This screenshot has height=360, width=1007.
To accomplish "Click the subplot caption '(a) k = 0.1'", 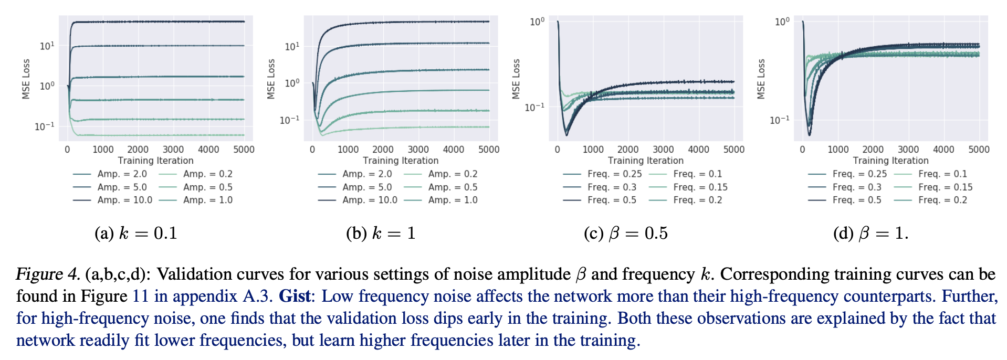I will pos(136,233).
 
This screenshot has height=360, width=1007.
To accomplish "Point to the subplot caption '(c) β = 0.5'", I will pos(626,233).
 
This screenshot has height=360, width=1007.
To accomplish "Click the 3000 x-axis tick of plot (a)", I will pos(173,150).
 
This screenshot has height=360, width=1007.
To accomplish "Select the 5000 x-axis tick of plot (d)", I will pos(979,150).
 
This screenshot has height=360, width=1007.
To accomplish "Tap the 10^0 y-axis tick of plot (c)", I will pos(537,22).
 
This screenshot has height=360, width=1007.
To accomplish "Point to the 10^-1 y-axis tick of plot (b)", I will pos(289,120).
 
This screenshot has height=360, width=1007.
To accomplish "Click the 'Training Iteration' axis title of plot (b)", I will pos(401,161).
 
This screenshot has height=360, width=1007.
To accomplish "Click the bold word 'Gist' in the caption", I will pos(295,296).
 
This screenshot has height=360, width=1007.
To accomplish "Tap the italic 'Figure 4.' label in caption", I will pos(48,274).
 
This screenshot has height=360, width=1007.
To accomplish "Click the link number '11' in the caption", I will pos(140,296).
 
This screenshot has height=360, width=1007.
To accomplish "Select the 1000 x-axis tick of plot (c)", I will pos(593,150).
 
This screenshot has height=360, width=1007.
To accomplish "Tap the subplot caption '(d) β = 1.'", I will pos(870,233).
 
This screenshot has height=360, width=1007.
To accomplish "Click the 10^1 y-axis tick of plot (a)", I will pos(47,46).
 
